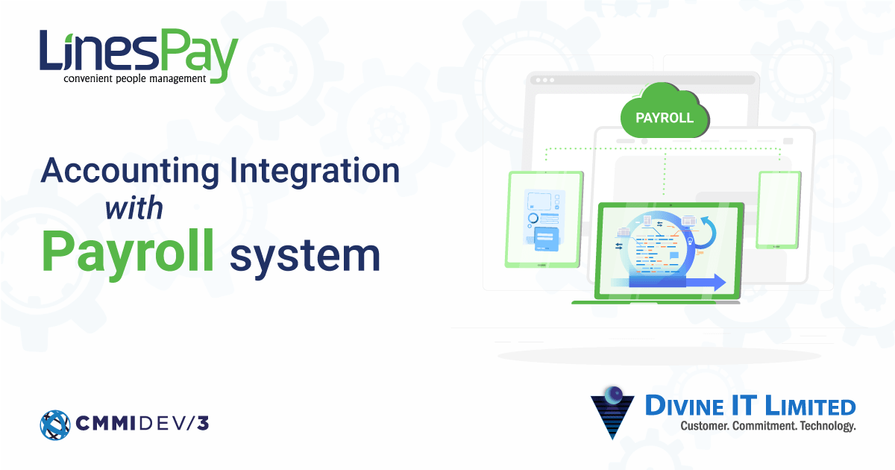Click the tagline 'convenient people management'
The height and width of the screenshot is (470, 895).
pos(134,78)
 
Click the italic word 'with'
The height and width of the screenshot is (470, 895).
pos(134,208)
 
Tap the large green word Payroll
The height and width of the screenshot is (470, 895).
pos(128,252)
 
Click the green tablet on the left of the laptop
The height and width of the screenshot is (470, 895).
pos(545,219)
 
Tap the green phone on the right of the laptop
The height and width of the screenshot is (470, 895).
pos(779,210)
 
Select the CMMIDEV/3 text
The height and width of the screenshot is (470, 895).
pos(142,424)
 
